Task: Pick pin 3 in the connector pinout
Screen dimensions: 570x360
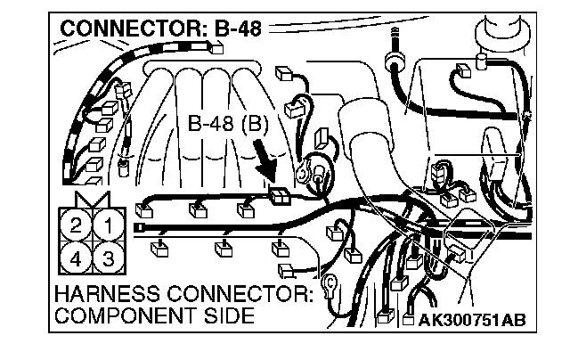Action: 107,259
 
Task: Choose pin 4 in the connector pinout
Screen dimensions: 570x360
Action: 77,259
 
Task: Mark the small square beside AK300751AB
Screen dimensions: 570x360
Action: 398,319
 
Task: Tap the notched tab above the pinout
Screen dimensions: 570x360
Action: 92,199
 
